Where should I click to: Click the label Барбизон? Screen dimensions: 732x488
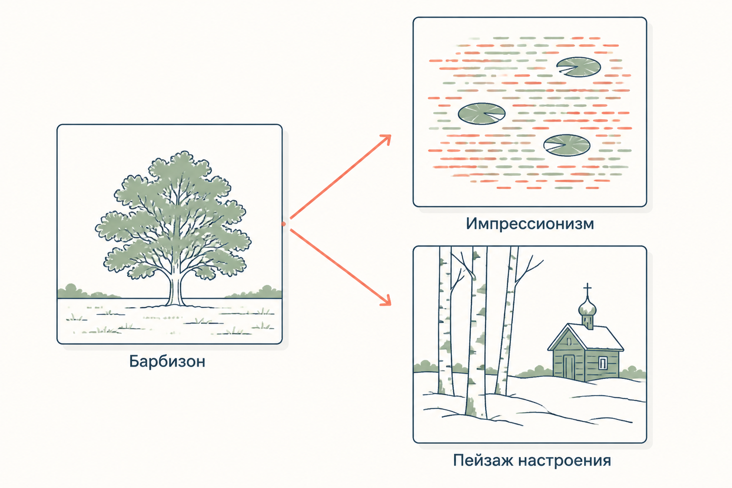pyautogui.click(x=167, y=361)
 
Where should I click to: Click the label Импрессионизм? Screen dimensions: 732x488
pyautogui.click(x=530, y=224)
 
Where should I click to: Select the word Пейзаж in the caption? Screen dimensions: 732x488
pyautogui.click(x=482, y=460)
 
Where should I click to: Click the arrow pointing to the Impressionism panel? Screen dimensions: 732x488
pyautogui.click(x=341, y=177)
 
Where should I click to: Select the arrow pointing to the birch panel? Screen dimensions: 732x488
pyautogui.click(x=341, y=267)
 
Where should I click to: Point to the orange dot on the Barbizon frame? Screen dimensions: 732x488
pyautogui.click(x=284, y=224)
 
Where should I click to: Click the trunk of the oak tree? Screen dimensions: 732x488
pyautogui.click(x=175, y=289)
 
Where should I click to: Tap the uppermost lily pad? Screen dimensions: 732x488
pyautogui.click(x=579, y=67)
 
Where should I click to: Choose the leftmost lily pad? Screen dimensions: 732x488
pyautogui.click(x=481, y=114)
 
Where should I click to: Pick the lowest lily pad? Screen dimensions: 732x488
pyautogui.click(x=567, y=145)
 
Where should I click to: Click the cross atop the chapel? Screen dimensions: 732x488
pyautogui.click(x=588, y=289)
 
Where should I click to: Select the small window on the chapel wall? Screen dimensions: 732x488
pyautogui.click(x=603, y=363)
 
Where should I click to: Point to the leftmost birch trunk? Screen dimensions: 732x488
pyautogui.click(x=446, y=320)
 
